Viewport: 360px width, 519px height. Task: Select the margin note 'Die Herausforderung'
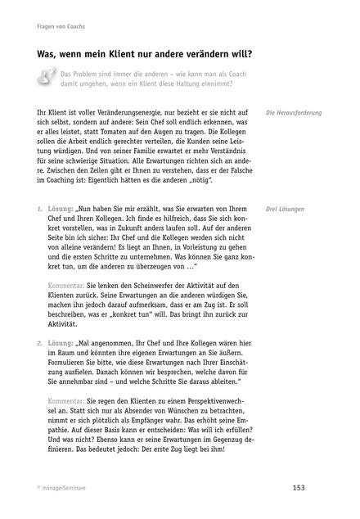(295, 112)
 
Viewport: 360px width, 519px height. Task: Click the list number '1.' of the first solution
(41, 210)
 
